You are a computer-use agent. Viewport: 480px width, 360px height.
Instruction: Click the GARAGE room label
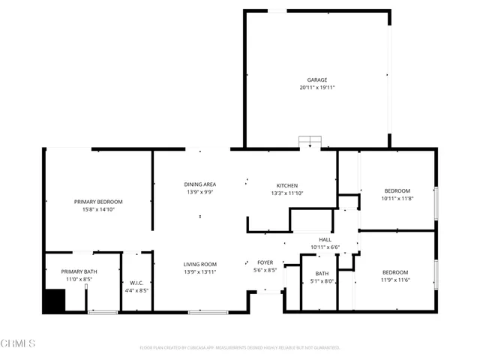click(316, 79)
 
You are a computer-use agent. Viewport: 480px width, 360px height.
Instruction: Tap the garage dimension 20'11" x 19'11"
click(316, 88)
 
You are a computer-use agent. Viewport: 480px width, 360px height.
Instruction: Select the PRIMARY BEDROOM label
click(98, 202)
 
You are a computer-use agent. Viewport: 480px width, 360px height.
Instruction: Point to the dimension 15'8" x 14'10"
click(98, 210)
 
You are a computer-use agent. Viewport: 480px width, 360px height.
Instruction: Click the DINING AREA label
click(200, 184)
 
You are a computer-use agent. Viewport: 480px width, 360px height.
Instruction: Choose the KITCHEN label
click(287, 185)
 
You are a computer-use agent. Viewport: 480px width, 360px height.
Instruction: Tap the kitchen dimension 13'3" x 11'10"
click(287, 193)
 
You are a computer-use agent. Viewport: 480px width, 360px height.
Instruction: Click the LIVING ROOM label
click(200, 264)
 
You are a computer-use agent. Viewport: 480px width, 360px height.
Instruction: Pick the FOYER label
click(265, 262)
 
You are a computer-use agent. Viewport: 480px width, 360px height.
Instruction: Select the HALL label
click(325, 240)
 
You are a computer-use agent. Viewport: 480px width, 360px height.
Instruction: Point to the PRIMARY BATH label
click(79, 271)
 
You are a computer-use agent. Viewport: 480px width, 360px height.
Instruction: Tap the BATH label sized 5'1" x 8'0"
click(322, 274)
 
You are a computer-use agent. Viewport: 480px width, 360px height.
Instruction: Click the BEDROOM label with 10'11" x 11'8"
click(397, 191)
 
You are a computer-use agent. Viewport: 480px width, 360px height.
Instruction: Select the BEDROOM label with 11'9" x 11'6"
click(395, 272)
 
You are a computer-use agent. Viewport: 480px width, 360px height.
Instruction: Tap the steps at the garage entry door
click(310, 142)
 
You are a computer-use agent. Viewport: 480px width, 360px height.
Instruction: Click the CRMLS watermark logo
click(18, 344)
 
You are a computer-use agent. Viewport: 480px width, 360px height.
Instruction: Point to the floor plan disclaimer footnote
click(240, 348)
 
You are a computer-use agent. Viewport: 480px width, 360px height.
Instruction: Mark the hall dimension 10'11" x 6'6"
click(325, 247)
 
